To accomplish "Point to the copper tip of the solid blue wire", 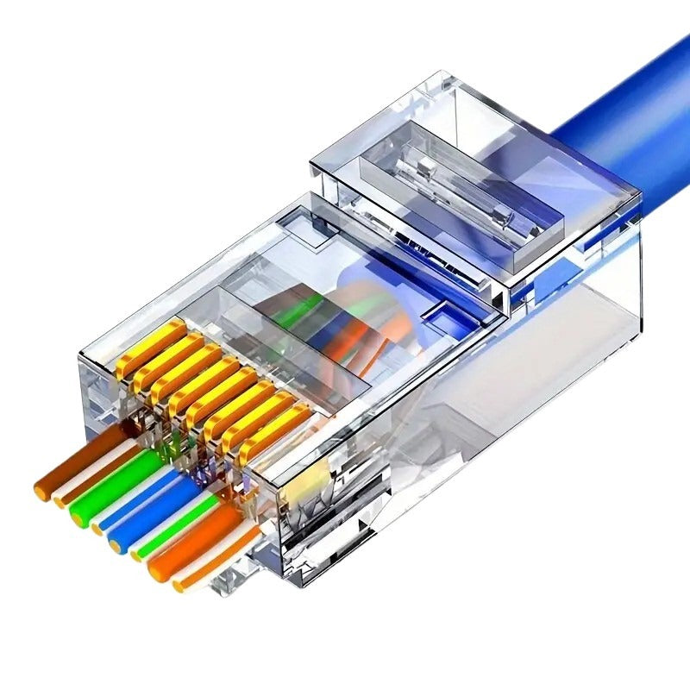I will [116, 543].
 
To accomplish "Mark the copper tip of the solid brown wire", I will [41, 487].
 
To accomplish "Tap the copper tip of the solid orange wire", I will [157, 570].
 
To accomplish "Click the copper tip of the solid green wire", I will [78, 515].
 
